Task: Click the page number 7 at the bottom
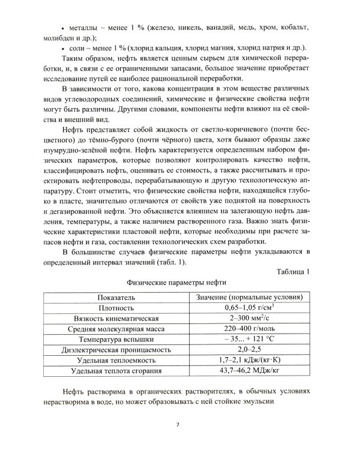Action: pyautogui.click(x=178, y=425)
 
